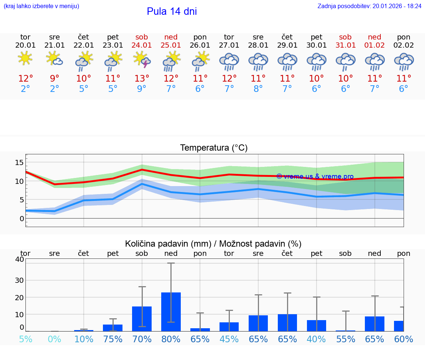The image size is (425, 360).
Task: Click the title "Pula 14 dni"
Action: pyautogui.click(x=172, y=11)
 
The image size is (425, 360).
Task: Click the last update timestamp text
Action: pyautogui.click(x=369, y=6)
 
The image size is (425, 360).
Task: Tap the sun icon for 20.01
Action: pyautogui.click(x=25, y=58)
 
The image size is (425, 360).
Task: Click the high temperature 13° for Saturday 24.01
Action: pyautogui.click(x=142, y=79)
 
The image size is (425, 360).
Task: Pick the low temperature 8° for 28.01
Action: pyautogui.click(x=258, y=89)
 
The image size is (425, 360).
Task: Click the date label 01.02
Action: pyautogui.click(x=374, y=45)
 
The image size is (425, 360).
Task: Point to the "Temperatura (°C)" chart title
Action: pyautogui.click(x=214, y=148)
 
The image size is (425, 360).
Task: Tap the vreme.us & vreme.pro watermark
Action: pyautogui.click(x=315, y=176)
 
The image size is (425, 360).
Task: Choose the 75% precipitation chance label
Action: pyautogui.click(x=113, y=339)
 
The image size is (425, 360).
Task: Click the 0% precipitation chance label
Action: pyautogui.click(x=55, y=339)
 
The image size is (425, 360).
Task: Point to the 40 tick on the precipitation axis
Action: pyautogui.click(x=20, y=259)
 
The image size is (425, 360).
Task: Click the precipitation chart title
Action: pyautogui.click(x=213, y=244)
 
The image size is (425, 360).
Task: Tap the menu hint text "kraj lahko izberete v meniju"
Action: pyautogui.click(x=41, y=6)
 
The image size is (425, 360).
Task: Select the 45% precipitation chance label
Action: pyautogui.click(x=229, y=339)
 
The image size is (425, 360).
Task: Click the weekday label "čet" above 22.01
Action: pyautogui.click(x=84, y=37)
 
